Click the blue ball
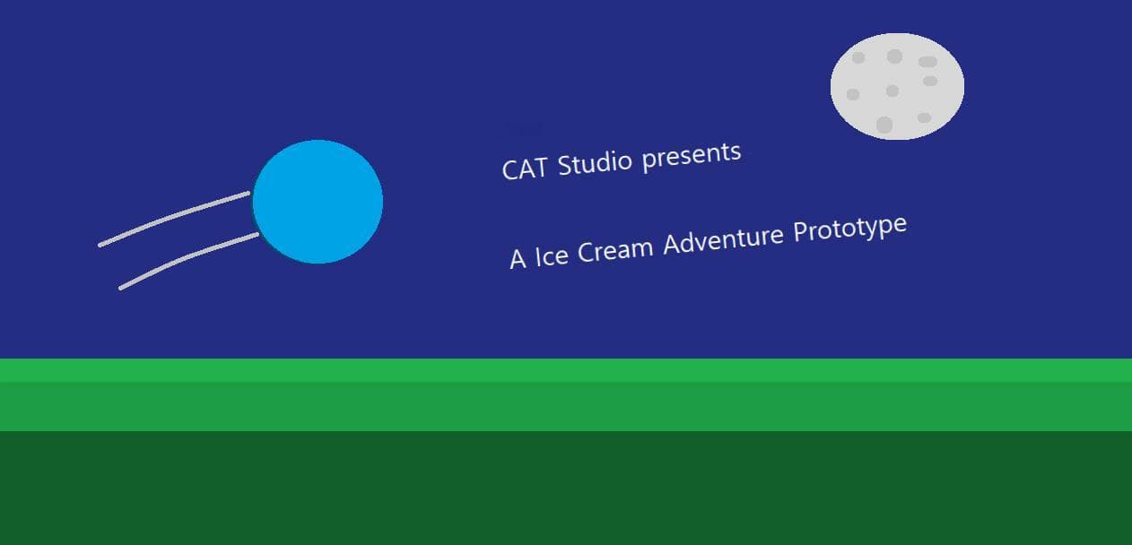tap(318, 202)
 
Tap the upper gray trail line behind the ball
tap(173, 217)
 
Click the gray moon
tap(897, 86)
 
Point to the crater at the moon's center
tap(893, 91)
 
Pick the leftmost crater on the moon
tap(853, 94)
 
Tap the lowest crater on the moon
tap(884, 125)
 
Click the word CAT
tap(525, 169)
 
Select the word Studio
tap(595, 162)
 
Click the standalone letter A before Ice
tap(518, 259)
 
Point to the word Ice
tap(552, 255)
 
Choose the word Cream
tap(615, 249)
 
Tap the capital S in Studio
tap(565, 165)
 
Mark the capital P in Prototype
tap(801, 232)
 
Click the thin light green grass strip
tap(566, 370)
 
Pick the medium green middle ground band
tap(566, 407)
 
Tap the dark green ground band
tap(566, 488)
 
